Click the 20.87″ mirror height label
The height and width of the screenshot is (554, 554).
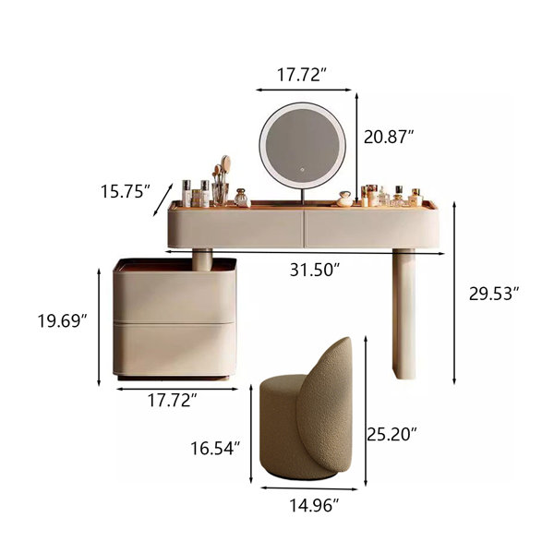[x=389, y=137]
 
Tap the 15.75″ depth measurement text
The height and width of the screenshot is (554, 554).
[x=126, y=192]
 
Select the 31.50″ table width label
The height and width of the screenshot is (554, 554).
[x=315, y=271]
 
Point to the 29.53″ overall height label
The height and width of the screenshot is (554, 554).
[x=494, y=294]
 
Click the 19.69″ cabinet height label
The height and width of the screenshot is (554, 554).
[x=62, y=321]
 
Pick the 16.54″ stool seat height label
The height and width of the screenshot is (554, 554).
[x=215, y=449]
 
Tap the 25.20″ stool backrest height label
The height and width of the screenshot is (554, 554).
[x=391, y=434]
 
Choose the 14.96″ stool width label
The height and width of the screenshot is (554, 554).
[x=314, y=506]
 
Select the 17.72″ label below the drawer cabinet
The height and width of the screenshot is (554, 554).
[x=172, y=401]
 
